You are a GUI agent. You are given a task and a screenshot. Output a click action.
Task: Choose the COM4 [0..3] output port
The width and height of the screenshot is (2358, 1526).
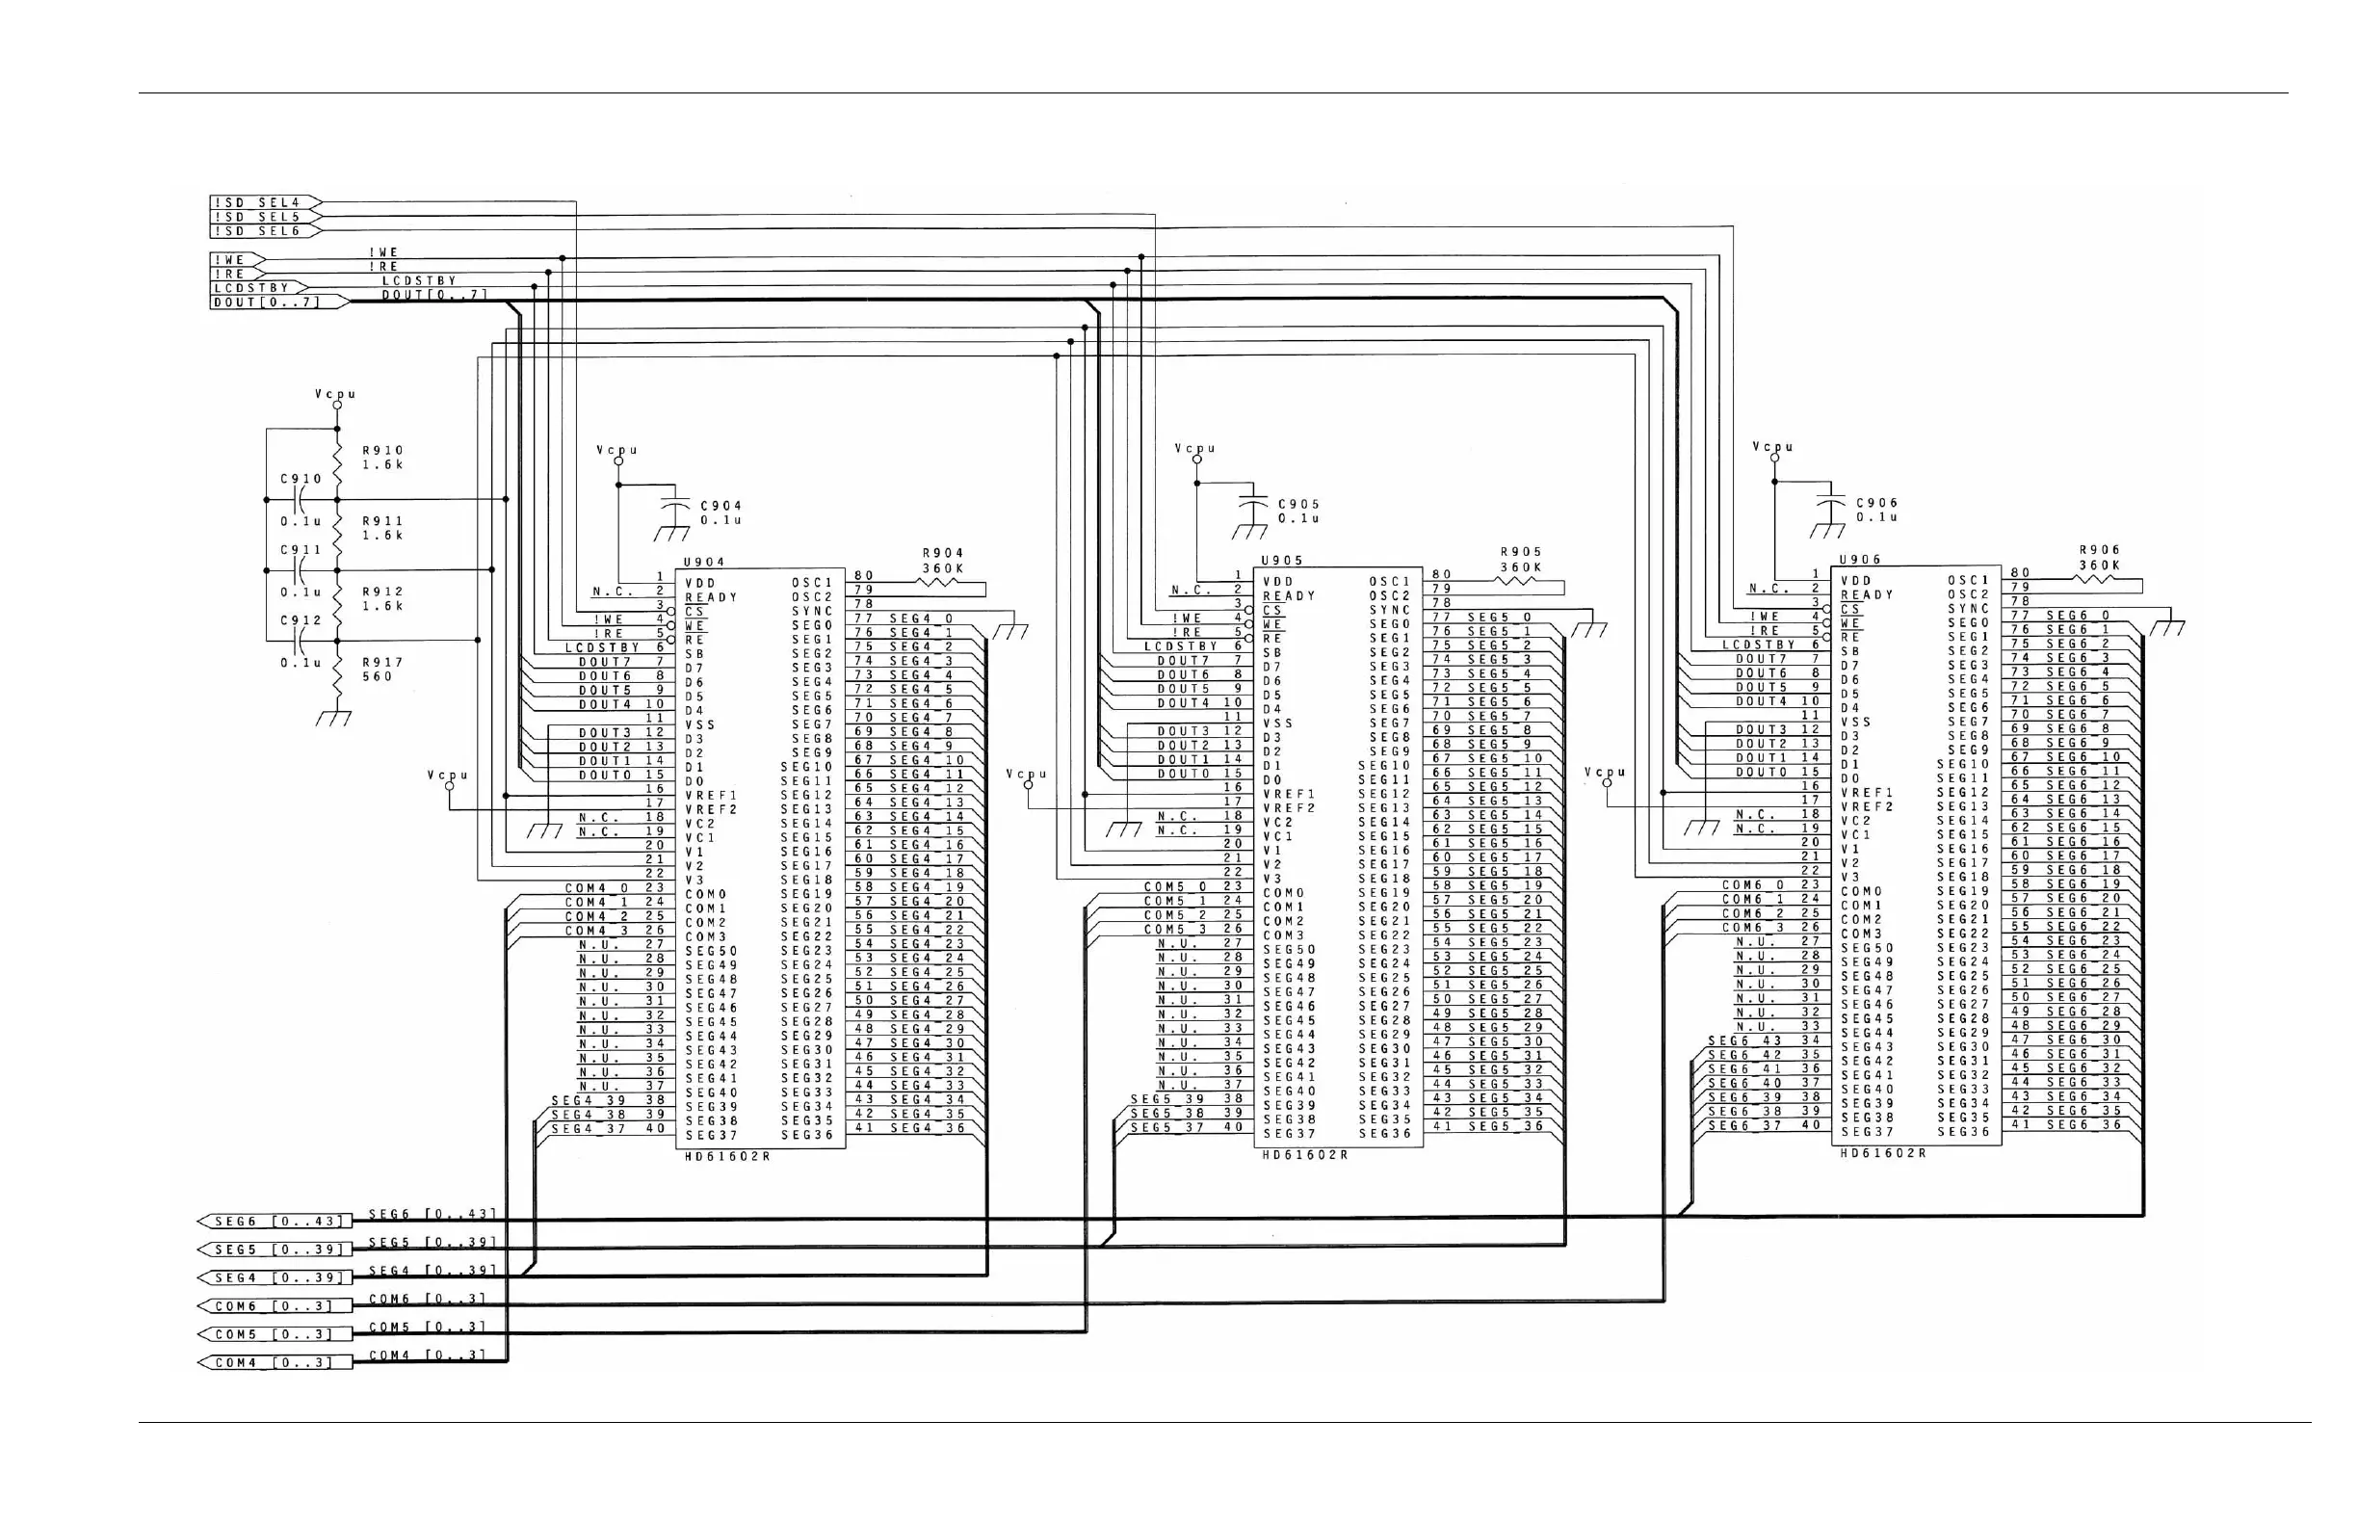(x=275, y=1362)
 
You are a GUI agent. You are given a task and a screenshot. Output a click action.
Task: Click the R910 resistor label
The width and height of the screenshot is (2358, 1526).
(x=382, y=451)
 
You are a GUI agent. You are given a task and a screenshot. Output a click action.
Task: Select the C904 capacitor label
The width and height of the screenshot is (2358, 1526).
(x=721, y=507)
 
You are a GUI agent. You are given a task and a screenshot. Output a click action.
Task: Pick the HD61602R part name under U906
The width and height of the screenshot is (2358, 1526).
(x=1883, y=1152)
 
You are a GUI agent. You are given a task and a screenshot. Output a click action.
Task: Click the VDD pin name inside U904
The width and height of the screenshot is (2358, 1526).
(x=700, y=584)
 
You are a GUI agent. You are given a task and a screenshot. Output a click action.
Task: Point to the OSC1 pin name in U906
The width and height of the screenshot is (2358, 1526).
(x=1969, y=581)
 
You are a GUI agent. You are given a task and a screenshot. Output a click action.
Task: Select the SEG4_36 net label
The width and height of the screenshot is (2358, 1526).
(x=928, y=1128)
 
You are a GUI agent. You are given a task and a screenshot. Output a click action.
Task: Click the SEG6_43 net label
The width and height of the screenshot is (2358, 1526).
(x=1744, y=1040)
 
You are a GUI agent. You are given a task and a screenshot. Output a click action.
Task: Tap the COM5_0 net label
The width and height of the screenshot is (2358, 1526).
(x=1176, y=887)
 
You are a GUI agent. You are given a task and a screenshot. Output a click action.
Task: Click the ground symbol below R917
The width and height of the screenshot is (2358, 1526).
(x=335, y=719)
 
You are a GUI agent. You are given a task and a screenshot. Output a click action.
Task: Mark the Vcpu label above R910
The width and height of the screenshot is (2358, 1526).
(x=336, y=393)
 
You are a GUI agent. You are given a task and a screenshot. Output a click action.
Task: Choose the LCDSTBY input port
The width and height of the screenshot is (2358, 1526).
(x=250, y=288)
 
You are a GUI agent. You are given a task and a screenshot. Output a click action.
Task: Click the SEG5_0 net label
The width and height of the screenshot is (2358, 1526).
(x=1499, y=618)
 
